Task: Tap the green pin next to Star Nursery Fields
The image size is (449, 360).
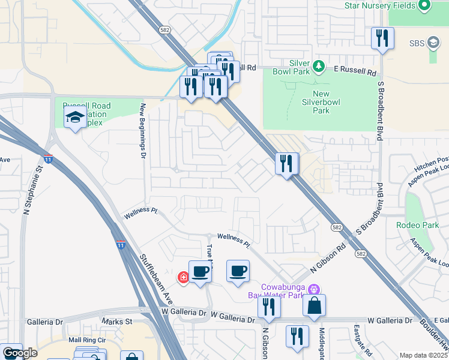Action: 425,6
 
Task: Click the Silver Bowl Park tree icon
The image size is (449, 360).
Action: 321,65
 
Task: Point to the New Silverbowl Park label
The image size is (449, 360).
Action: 330,102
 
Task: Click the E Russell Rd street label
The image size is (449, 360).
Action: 355,70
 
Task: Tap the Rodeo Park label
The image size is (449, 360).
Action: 418,225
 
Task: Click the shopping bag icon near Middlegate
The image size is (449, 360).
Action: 314,306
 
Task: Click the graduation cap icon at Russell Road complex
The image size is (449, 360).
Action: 75,118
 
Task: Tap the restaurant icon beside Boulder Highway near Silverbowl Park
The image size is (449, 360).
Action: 287,163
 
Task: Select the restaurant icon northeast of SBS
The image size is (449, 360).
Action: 382,38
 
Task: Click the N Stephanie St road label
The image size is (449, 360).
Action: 26,191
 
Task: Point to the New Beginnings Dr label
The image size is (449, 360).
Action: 143,130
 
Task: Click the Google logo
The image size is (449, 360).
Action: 19,353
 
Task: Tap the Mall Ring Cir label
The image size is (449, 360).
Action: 87,340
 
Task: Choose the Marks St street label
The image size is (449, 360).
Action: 117,322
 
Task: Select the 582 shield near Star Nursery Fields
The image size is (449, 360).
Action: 164,29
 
